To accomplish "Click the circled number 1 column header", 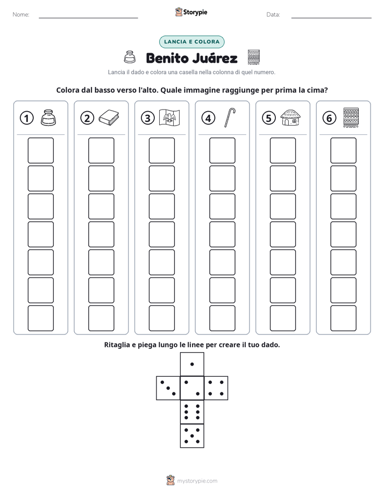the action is (26, 118).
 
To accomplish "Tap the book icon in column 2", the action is (109, 118).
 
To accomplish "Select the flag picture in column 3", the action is (169, 118).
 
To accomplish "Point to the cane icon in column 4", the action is (230, 118).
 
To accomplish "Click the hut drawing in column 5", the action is (290, 118).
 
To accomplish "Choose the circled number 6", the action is (329, 118).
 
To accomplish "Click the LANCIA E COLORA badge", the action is (191, 42).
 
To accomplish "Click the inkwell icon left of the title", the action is (129, 57).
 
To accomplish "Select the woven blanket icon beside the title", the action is (253, 57).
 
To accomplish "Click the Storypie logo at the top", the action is (191, 12).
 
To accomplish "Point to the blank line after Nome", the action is (88, 18).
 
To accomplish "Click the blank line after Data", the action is (331, 18).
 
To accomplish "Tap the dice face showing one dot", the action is (192, 364).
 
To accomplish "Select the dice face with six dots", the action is (192, 412).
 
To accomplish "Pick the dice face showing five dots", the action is (192, 436).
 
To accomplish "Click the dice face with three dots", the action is (168, 388).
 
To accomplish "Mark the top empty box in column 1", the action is (40, 150).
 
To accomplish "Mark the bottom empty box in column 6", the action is (344, 318).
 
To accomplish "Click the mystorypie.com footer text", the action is (197, 481).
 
